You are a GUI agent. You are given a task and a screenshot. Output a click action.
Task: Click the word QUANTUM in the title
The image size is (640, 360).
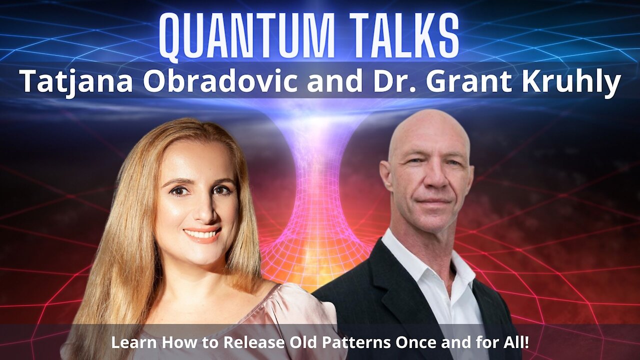pyautogui.click(x=246, y=36)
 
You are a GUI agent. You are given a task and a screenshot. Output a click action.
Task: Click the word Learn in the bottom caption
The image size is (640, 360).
pyautogui.click(x=133, y=342)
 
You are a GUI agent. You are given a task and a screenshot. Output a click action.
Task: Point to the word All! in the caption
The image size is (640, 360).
pyautogui.click(x=515, y=342)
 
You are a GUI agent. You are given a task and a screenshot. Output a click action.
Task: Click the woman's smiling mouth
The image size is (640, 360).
pyautogui.click(x=202, y=234)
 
